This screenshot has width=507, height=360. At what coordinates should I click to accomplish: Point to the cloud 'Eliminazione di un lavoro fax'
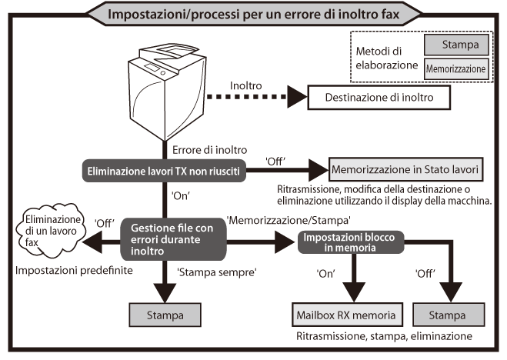click(x=45, y=233)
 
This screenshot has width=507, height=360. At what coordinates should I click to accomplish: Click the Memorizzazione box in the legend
click(x=456, y=68)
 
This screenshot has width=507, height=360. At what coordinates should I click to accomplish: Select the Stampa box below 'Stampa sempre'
click(x=166, y=315)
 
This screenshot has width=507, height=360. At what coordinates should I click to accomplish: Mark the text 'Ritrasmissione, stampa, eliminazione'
click(x=382, y=336)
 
